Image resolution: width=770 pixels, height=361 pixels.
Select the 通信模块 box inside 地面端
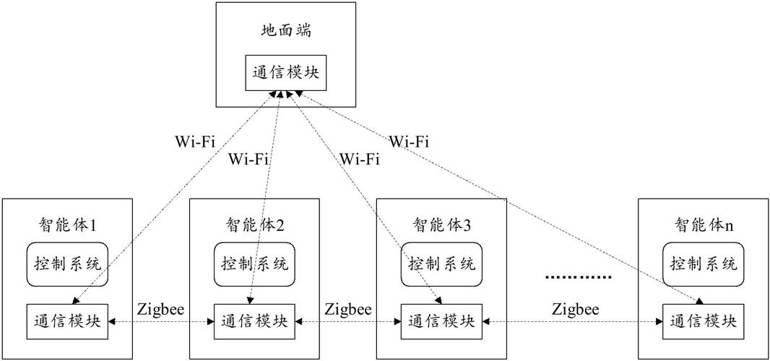pyautogui.click(x=286, y=72)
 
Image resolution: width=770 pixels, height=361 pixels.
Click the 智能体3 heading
pyautogui.click(x=441, y=225)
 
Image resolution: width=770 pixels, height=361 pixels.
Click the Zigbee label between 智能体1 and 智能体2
pyautogui.click(x=160, y=309)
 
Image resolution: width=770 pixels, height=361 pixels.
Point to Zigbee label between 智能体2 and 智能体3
pyautogui.click(x=347, y=309)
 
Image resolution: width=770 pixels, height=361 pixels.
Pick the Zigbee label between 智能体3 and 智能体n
pyautogui.click(x=576, y=309)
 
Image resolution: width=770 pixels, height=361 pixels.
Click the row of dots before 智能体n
pyautogui.click(x=578, y=277)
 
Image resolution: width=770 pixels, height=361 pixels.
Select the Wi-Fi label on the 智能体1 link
pyautogui.click(x=195, y=140)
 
